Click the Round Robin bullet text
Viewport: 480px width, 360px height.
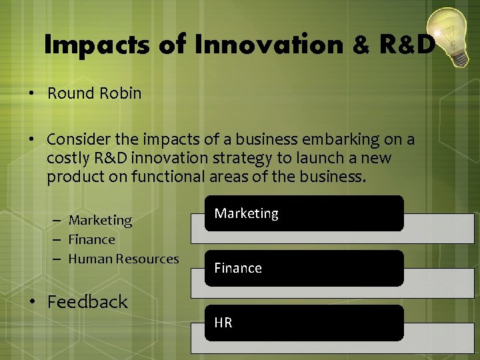tap(94, 93)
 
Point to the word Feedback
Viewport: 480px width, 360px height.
tap(87, 302)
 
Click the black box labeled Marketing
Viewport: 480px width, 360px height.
tap(304, 213)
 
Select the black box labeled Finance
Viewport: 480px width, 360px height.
tap(304, 268)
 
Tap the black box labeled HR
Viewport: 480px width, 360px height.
tap(304, 323)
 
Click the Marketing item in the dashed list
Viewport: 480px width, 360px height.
tap(100, 220)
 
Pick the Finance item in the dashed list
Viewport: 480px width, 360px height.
tap(92, 239)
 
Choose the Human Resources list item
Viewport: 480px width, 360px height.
tap(123, 259)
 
